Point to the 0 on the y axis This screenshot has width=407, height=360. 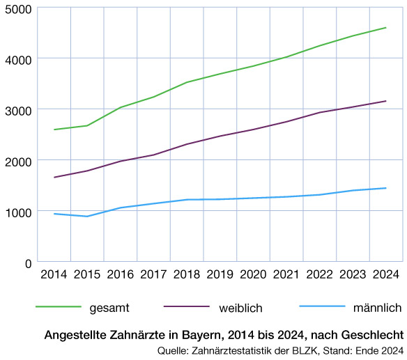(x=29, y=263)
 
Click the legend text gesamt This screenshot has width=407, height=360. (x=109, y=307)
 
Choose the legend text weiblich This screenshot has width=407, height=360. (x=240, y=307)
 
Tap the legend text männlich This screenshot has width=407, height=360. (x=378, y=307)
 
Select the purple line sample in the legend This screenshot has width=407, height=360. (x=186, y=307)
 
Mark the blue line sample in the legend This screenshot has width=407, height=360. (x=322, y=307)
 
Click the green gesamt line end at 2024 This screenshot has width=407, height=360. (x=385, y=28)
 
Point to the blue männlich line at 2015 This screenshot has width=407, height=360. (x=87, y=216)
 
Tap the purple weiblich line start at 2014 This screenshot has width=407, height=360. (x=54, y=178)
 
